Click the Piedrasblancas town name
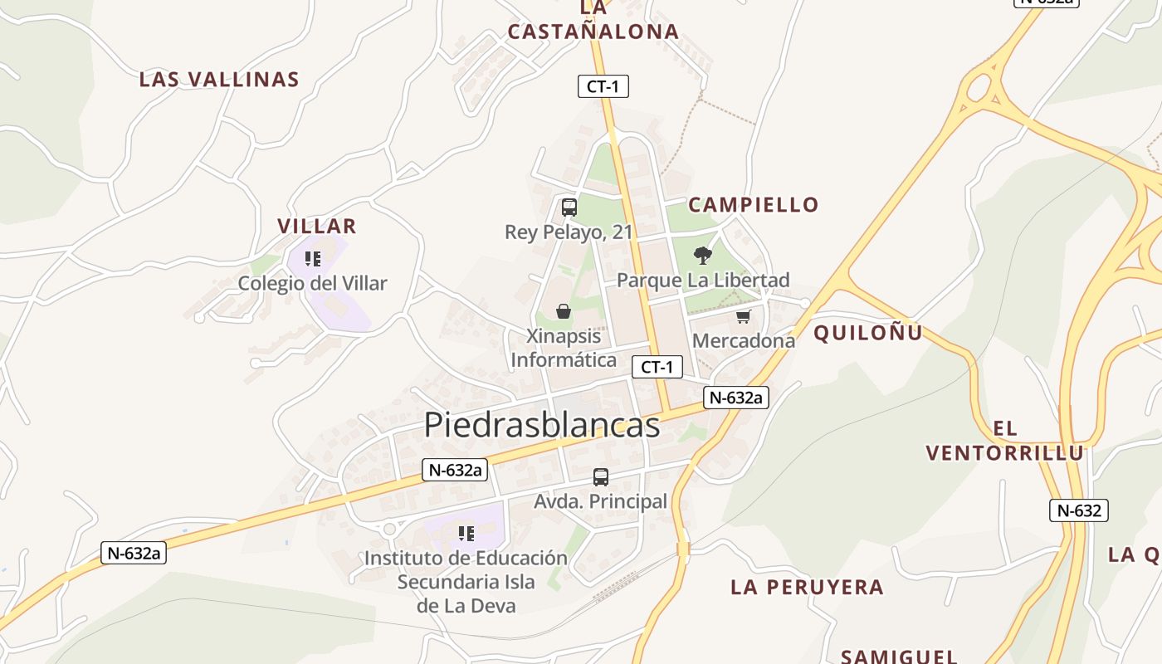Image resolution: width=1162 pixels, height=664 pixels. [x=541, y=424]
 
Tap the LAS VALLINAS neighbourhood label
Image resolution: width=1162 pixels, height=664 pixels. [x=219, y=80]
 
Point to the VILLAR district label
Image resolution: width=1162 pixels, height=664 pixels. [x=317, y=226]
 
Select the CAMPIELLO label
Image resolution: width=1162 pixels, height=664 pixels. [x=754, y=204]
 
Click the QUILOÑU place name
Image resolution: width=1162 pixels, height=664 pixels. [x=868, y=333]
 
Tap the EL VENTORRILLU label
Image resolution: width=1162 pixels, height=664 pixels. [x=1005, y=441]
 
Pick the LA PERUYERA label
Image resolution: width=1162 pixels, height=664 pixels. [x=807, y=587]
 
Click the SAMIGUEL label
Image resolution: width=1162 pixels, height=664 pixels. [x=899, y=656]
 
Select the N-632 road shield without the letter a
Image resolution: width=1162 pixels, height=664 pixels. [x=1078, y=510]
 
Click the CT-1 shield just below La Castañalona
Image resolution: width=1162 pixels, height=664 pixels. [x=603, y=85]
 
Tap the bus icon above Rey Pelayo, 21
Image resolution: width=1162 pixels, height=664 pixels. [x=569, y=207]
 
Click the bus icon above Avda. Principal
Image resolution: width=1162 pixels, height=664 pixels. [x=600, y=477]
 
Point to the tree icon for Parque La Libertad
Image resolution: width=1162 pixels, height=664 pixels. [x=703, y=255]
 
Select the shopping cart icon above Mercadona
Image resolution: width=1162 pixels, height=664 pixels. [x=743, y=316]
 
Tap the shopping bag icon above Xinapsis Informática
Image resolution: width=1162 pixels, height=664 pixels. [x=564, y=311]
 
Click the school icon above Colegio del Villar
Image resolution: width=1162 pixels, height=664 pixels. [x=312, y=259]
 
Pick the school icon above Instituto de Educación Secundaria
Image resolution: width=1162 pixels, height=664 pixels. [x=466, y=533]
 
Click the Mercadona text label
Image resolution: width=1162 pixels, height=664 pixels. [x=743, y=340]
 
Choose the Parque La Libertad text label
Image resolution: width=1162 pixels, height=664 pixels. [x=703, y=280]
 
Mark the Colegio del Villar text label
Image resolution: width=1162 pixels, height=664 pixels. [x=312, y=283]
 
